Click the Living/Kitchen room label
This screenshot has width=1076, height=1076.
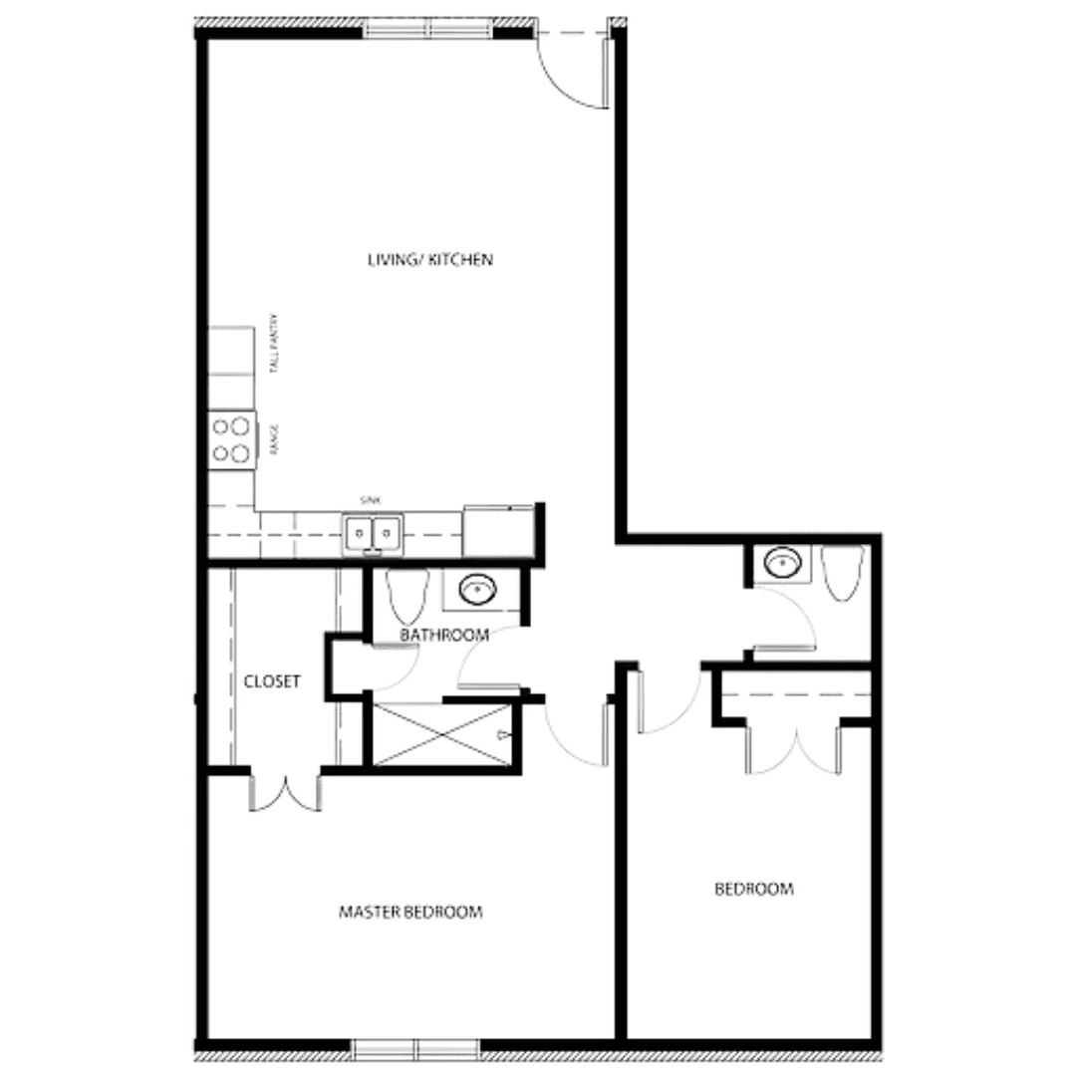click(x=430, y=260)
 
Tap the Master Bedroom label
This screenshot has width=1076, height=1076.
click(x=411, y=912)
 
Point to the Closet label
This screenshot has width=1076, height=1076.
click(x=273, y=681)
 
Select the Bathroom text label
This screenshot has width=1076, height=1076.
click(x=443, y=634)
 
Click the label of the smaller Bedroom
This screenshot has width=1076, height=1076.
click(x=756, y=888)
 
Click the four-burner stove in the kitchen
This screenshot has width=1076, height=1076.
click(x=231, y=439)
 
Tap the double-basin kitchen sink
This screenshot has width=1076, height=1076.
click(x=372, y=534)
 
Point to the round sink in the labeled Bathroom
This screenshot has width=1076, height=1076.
click(x=477, y=590)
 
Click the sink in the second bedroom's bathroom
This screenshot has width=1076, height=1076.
click(x=781, y=565)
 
